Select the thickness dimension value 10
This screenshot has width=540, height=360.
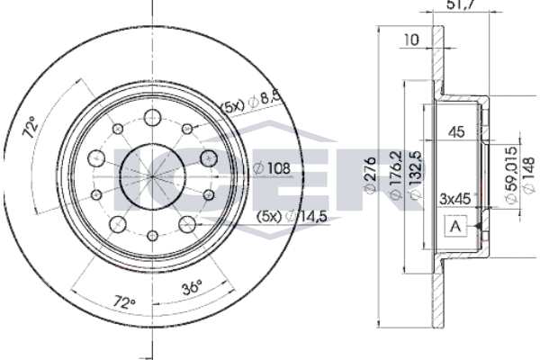(x=413, y=40)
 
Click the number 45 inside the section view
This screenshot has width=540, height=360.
(x=455, y=132)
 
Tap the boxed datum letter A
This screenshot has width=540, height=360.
(x=454, y=227)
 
